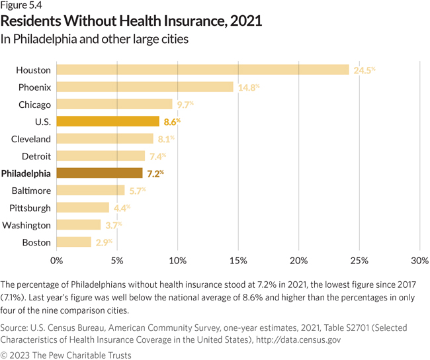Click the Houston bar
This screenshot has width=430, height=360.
pos(202,69)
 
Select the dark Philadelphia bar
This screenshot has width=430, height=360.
pos(99,173)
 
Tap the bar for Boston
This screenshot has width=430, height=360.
pos(73,242)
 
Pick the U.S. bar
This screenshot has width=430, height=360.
pos(108,121)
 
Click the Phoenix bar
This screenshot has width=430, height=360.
pos(144,87)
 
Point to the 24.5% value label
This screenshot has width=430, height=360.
pos(365,69)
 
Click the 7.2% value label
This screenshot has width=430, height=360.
pos(153,173)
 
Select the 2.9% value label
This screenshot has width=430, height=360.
pos(104,242)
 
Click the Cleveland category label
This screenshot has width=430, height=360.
pos(31,139)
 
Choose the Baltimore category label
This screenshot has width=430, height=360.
pos(31,191)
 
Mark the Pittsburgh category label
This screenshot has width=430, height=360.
pos(30,208)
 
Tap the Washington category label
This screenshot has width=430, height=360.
pos(26,225)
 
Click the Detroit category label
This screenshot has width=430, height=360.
pos(35,156)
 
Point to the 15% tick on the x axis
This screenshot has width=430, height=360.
pos(238,259)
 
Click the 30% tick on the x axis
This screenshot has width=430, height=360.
pos(420,259)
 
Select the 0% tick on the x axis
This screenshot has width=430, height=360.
pos(56,259)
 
